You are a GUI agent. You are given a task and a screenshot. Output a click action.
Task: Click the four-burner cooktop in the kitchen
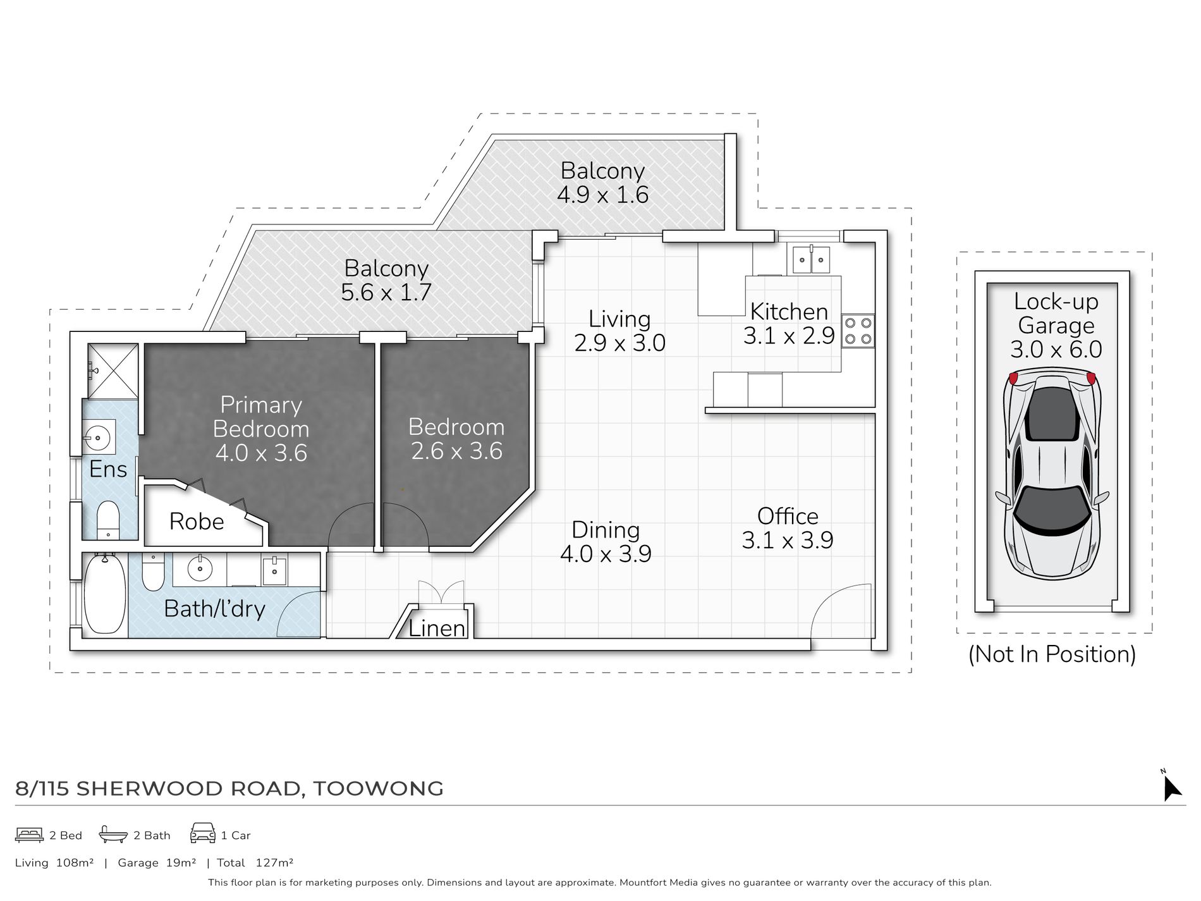pyautogui.click(x=858, y=331)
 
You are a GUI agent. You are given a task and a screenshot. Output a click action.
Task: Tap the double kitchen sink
pyautogui.click(x=811, y=259)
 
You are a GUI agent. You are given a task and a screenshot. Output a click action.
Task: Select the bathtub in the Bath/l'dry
pyautogui.click(x=105, y=594)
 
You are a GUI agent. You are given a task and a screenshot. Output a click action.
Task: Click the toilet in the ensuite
pyautogui.click(x=108, y=520)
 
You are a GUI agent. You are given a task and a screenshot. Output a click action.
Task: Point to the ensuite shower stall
pyautogui.click(x=113, y=371)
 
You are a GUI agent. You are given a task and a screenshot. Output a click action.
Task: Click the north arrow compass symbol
pyautogui.click(x=1171, y=787)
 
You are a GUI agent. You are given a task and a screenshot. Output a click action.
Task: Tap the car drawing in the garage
pyautogui.click(x=1052, y=475)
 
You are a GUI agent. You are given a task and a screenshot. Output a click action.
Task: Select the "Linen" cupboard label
pyautogui.click(x=437, y=628)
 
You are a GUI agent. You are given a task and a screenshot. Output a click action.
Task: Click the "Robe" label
pyautogui.click(x=197, y=522)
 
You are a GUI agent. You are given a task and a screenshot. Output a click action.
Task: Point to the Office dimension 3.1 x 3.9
pyautogui.click(x=788, y=541)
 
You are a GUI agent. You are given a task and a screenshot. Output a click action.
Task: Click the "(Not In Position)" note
pyautogui.click(x=1052, y=654)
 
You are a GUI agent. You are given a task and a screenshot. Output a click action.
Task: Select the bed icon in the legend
pyautogui.click(x=29, y=835)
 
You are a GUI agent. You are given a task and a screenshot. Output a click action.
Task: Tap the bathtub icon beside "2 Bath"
pyautogui.click(x=113, y=834)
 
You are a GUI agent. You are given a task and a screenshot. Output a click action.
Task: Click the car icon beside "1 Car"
pyautogui.click(x=202, y=833)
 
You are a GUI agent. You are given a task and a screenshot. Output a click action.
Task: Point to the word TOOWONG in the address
pyautogui.click(x=378, y=788)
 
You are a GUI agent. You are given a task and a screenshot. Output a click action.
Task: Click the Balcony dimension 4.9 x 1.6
pyautogui.click(x=603, y=195)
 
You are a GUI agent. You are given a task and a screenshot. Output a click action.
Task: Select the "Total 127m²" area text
pyautogui.click(x=255, y=862)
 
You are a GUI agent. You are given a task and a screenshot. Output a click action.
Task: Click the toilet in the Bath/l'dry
pyautogui.click(x=153, y=572)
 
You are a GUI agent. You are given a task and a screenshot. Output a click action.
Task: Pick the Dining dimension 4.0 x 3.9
pyautogui.click(x=606, y=554)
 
